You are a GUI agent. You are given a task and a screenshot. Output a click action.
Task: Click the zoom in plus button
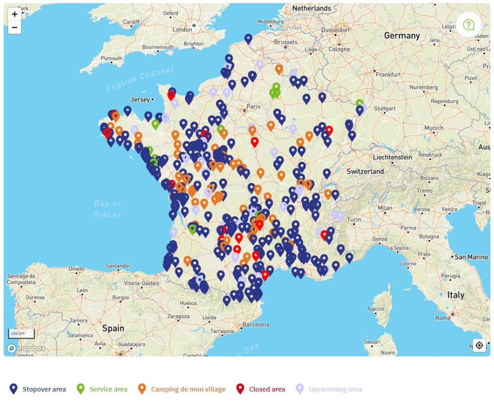coord(14,14)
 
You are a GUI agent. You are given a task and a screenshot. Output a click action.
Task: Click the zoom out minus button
coord(14,28)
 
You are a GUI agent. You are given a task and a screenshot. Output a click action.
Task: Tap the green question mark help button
coord(468,24)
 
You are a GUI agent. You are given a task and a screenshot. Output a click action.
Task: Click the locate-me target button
coord(479,345)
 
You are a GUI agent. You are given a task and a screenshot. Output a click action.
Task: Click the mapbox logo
coord(27,348)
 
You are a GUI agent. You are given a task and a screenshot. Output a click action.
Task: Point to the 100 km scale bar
coord(21,333)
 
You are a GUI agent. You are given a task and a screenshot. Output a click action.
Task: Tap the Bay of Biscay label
coord(108,208)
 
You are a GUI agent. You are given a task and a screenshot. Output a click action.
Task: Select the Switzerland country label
coord(365,171)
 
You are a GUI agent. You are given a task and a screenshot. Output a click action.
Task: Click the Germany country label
coord(402,36)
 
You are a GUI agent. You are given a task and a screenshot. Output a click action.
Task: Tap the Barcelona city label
coord(256,324)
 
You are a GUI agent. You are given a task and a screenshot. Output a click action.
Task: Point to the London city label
coord(182,29)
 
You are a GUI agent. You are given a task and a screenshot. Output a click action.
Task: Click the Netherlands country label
coord(312,8)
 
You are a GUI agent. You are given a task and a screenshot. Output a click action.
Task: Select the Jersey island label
coord(140,99)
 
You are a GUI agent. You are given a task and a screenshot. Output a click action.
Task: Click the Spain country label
coord(113,328)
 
